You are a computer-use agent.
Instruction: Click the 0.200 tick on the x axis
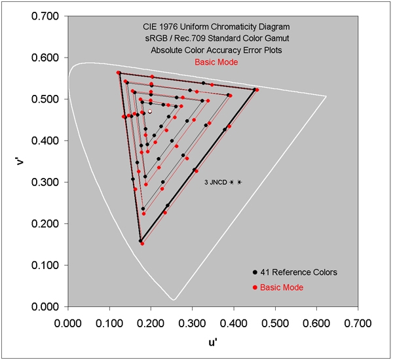click(x=151, y=307)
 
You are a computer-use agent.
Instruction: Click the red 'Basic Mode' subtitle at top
click(x=215, y=62)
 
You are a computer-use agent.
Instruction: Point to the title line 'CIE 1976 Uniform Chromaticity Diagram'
click(x=215, y=27)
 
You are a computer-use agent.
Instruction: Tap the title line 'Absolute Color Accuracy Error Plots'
click(x=215, y=50)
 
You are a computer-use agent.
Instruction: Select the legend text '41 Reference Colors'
click(x=299, y=272)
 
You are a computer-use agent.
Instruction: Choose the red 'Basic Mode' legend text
click(x=282, y=287)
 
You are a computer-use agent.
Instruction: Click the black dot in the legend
click(x=254, y=272)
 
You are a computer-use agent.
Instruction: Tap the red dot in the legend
click(x=254, y=287)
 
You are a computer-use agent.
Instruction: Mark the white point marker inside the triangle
click(x=150, y=112)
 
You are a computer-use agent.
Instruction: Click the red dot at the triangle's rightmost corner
click(x=257, y=90)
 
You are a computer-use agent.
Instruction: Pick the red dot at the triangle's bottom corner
click(x=142, y=243)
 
